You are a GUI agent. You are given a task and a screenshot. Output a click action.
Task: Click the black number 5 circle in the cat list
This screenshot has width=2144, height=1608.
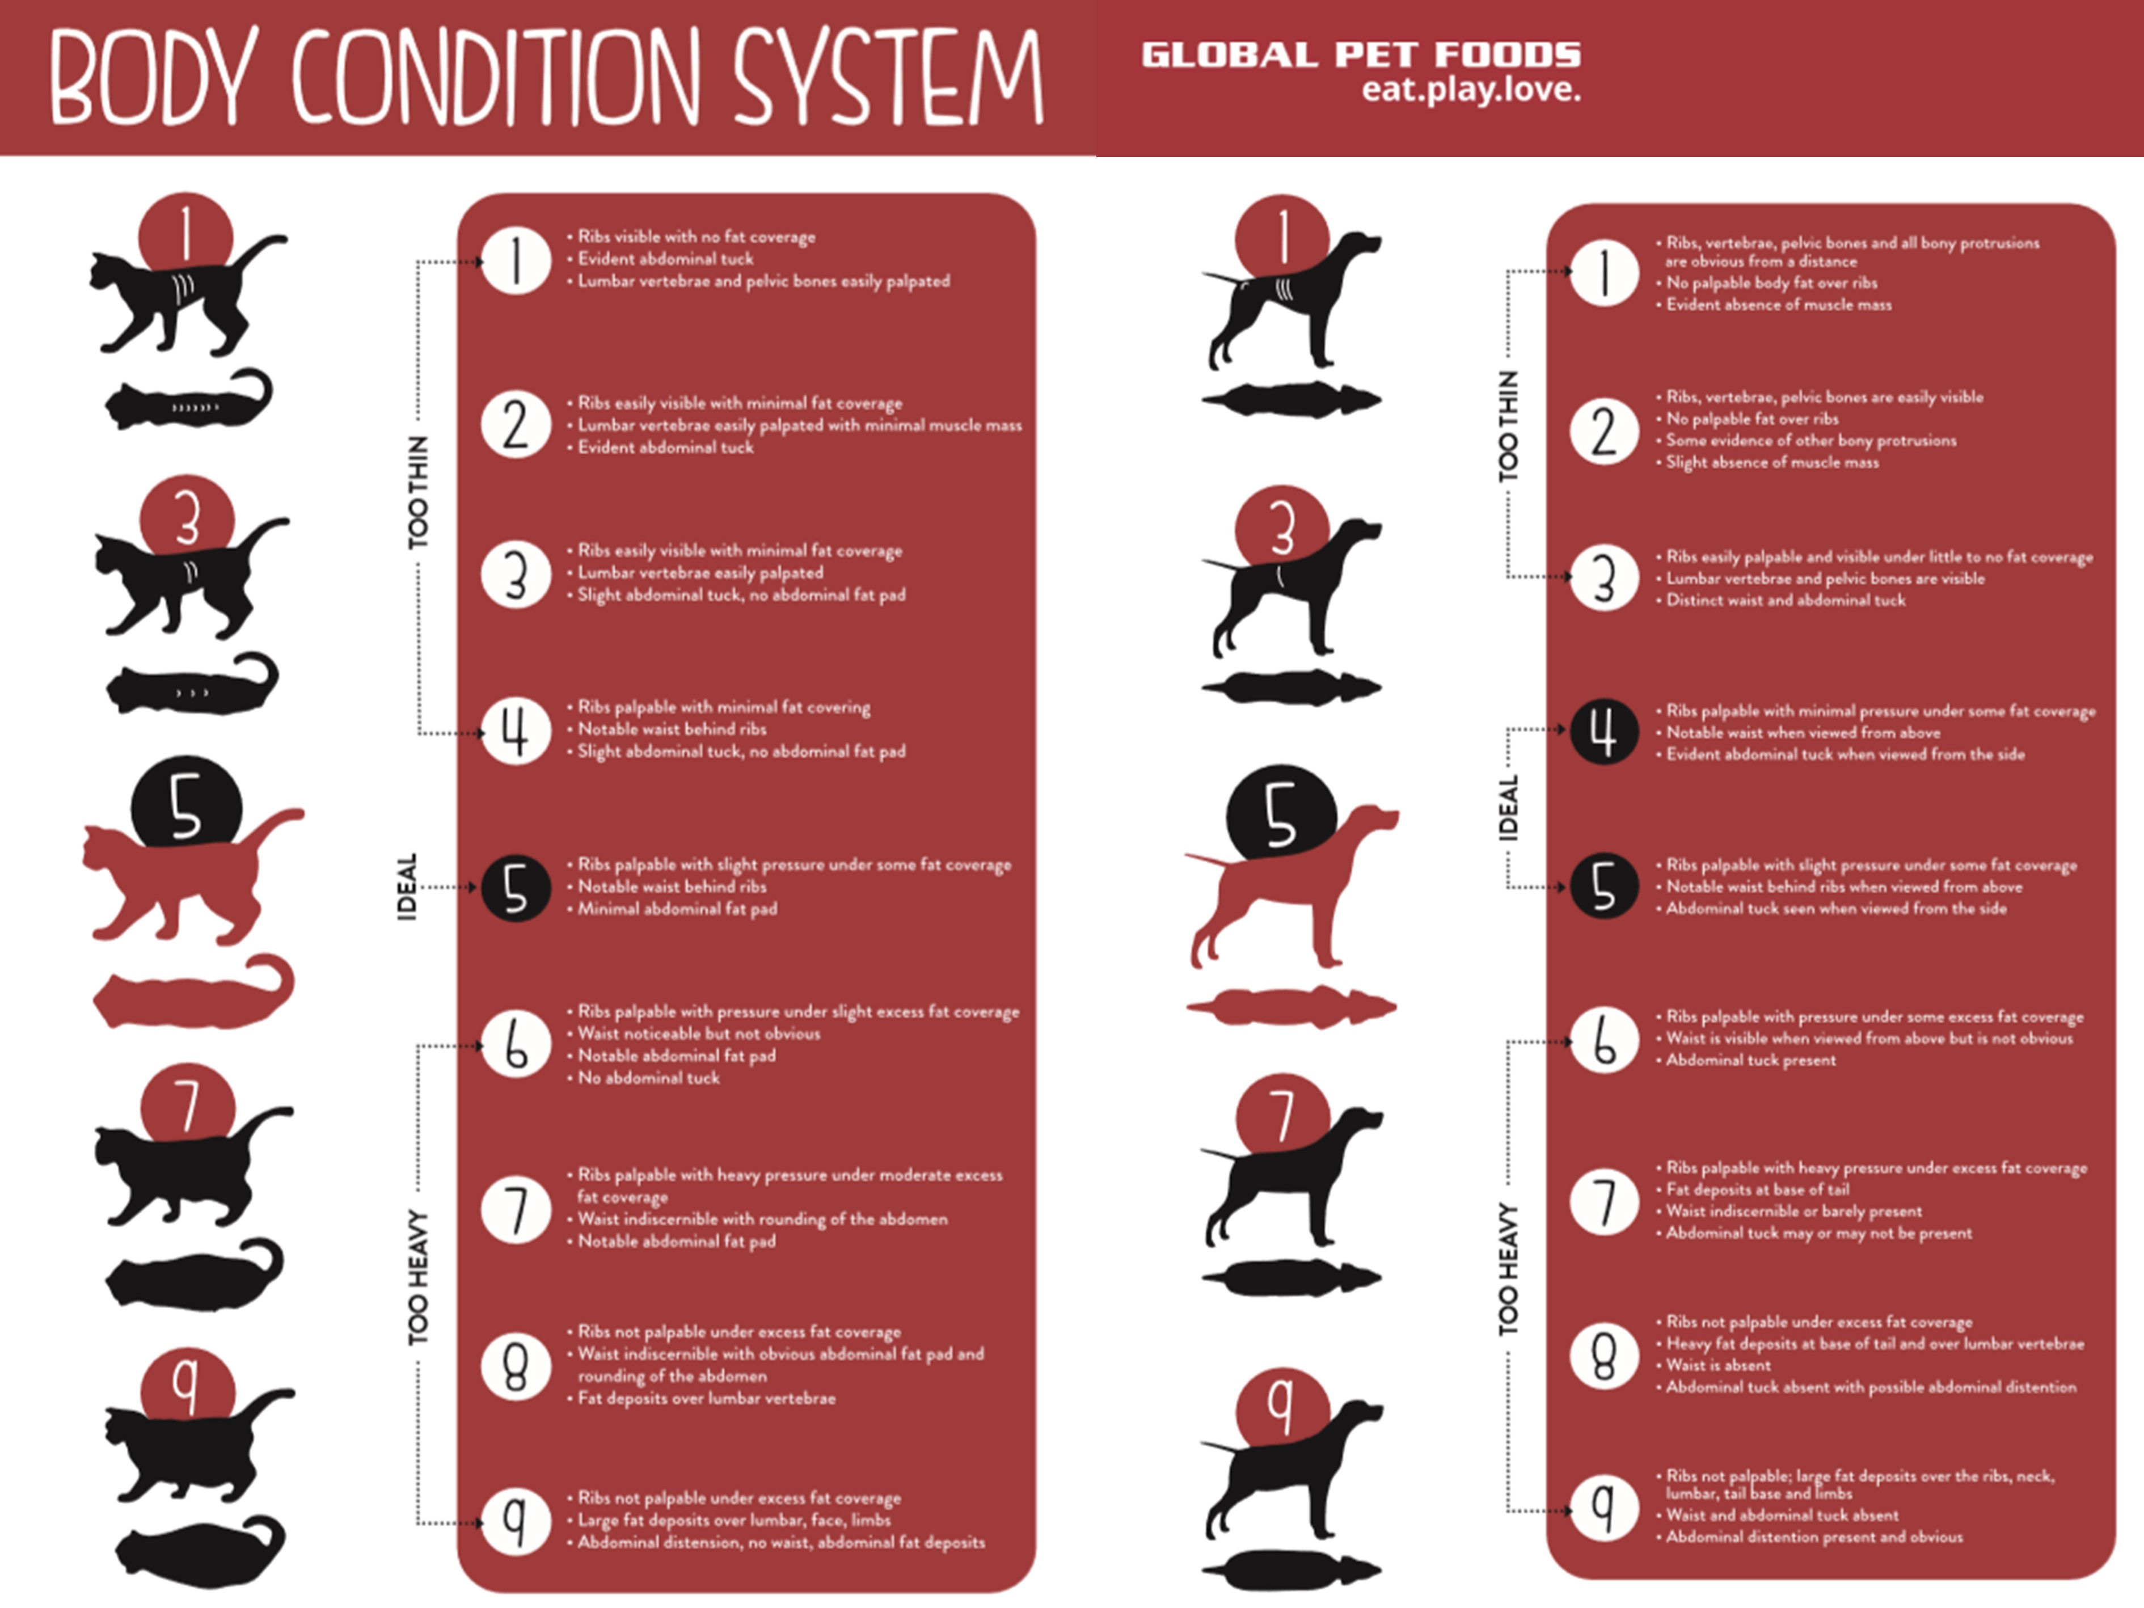tap(516, 888)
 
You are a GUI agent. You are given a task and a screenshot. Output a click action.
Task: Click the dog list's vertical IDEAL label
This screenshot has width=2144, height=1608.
tap(1508, 807)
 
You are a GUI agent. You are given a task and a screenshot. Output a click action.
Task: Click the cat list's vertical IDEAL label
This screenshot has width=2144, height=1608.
tap(407, 887)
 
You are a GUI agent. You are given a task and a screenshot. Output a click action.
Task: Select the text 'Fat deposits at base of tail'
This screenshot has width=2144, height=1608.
tap(1757, 1189)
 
